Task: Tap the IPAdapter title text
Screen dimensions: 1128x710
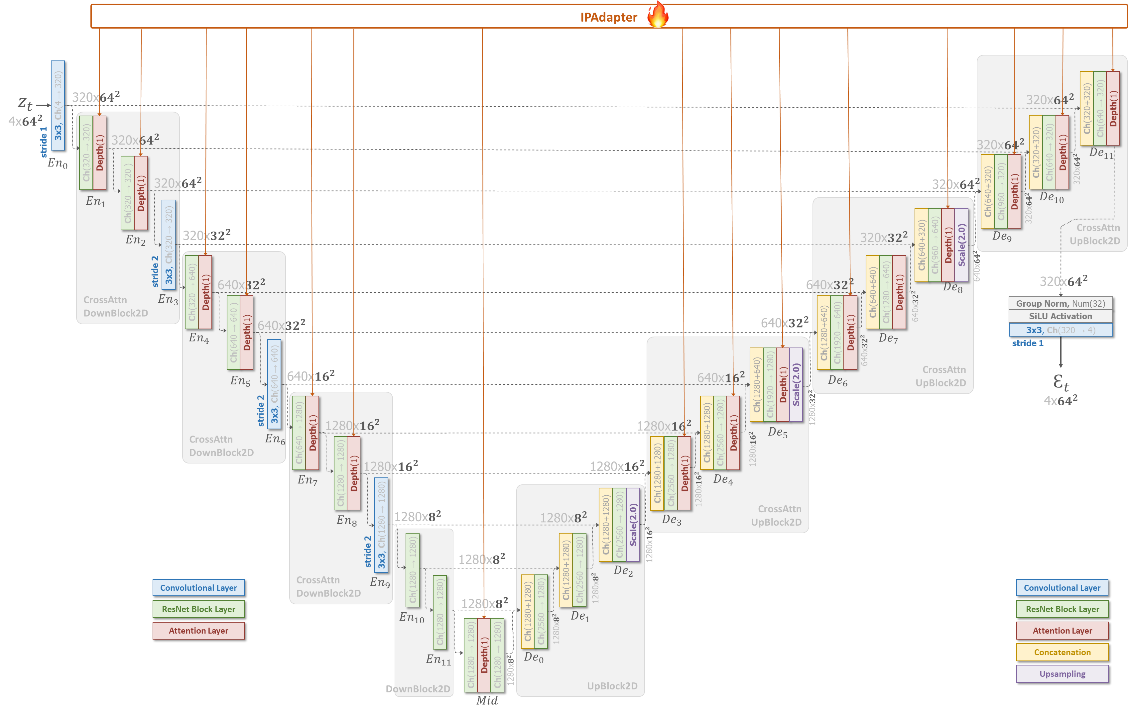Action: click(608, 17)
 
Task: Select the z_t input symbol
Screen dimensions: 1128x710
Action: click(25, 104)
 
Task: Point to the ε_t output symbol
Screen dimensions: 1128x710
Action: click(1061, 382)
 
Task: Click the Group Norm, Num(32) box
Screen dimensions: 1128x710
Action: click(1061, 303)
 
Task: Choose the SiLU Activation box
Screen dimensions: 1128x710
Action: click(1061, 316)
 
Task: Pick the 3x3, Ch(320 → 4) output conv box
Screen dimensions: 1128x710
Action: click(1061, 330)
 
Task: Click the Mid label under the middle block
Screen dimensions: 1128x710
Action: click(487, 700)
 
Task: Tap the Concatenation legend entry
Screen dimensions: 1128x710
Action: click(1062, 652)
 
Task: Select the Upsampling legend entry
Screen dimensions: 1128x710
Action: click(1062, 673)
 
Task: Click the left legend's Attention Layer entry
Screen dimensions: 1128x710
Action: click(198, 631)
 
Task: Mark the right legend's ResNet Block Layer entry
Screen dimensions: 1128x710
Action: click(1062, 609)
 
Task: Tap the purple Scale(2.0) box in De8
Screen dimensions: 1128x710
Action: click(961, 245)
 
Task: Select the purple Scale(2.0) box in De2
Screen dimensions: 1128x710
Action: click(633, 525)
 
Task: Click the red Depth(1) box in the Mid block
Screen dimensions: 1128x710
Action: click(484, 655)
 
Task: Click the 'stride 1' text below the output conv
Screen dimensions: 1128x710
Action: click(1027, 343)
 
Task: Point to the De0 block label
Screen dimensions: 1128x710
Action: click(534, 657)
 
